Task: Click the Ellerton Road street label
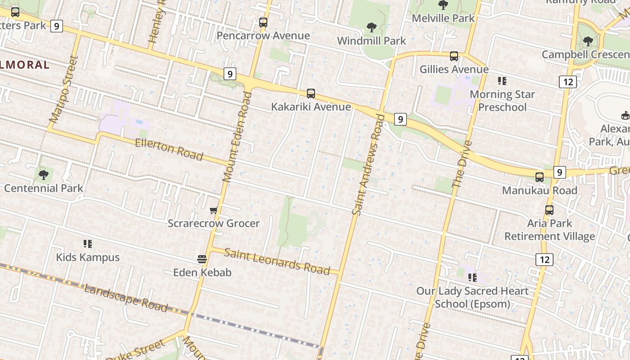point(169,149)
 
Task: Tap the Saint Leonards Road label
point(277,261)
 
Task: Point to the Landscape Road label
point(126,298)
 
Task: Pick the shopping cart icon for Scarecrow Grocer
point(214,210)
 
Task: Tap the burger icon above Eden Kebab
point(202,259)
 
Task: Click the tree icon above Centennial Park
point(44,175)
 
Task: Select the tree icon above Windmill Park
point(372,27)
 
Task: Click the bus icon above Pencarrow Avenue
point(263,22)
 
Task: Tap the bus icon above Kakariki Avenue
point(311,94)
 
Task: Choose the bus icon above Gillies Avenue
point(454,56)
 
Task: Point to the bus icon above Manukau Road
point(540,177)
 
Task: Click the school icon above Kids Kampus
point(88,244)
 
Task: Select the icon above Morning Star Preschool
point(502,81)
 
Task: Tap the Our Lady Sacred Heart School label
point(472,297)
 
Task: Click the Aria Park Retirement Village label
point(549,229)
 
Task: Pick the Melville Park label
point(443,18)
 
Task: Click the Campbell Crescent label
point(585,54)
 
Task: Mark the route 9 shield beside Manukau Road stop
point(559,172)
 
